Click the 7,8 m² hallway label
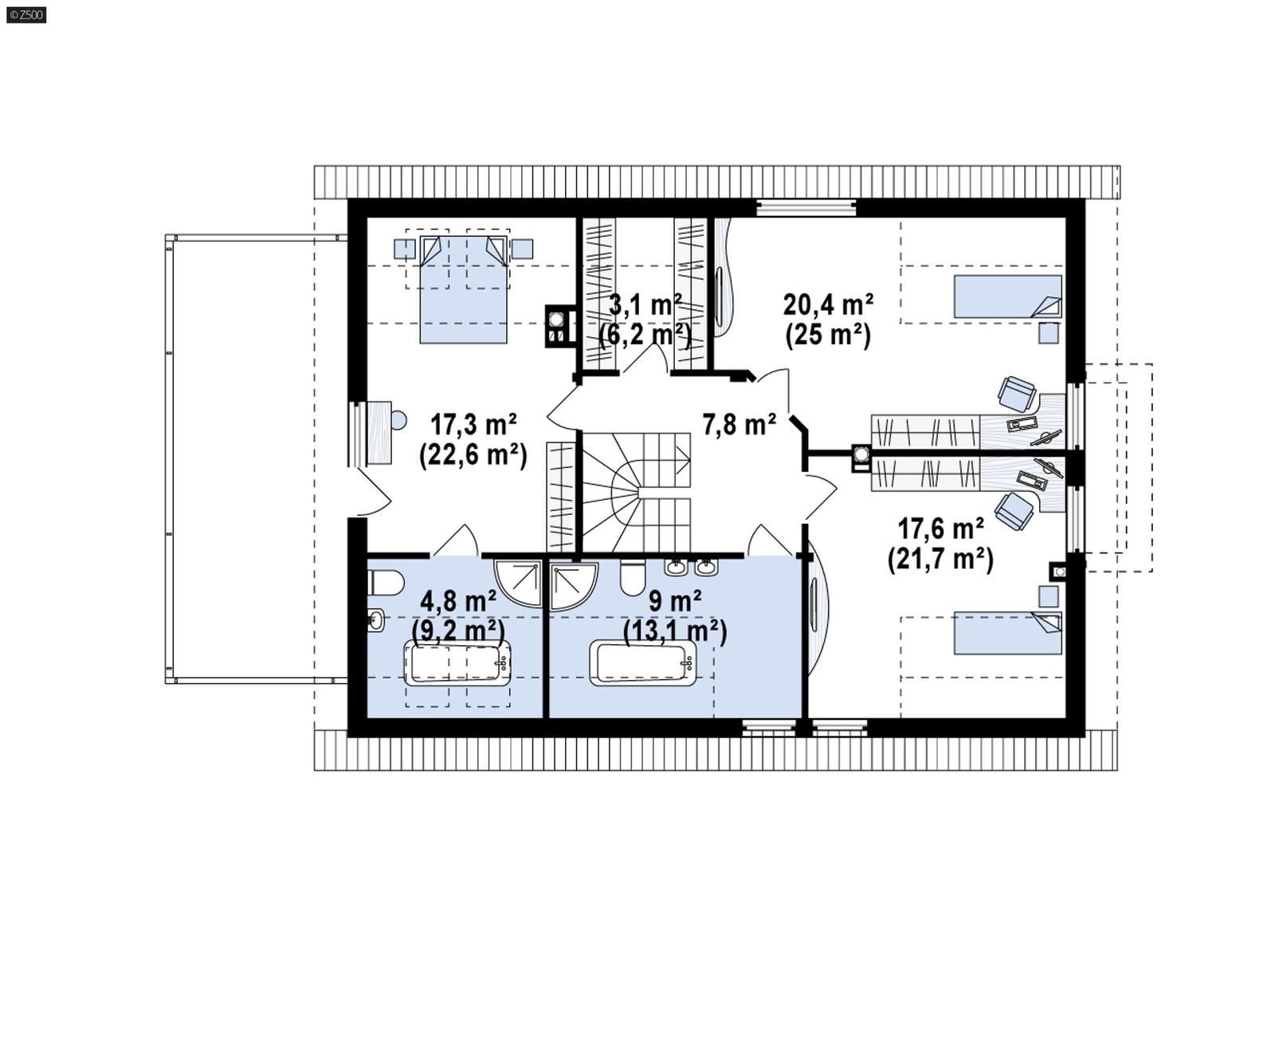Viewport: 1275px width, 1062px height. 739,424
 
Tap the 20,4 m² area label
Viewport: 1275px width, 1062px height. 828,305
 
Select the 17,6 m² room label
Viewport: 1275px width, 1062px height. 940,528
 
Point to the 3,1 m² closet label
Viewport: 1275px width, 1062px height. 645,305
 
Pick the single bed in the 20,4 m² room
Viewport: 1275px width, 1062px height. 1007,297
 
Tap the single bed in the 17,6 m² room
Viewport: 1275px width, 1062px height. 1007,633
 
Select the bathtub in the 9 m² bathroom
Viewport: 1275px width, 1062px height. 642,663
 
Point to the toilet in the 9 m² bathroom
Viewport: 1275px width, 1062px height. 633,578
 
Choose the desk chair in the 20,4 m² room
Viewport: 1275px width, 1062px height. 1017,392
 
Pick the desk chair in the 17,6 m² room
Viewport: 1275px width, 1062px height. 1014,510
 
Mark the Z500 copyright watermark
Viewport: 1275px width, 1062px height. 26,14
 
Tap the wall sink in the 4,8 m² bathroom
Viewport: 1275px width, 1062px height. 375,619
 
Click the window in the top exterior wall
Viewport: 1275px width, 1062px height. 806,208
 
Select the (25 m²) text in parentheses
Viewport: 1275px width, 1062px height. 828,335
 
